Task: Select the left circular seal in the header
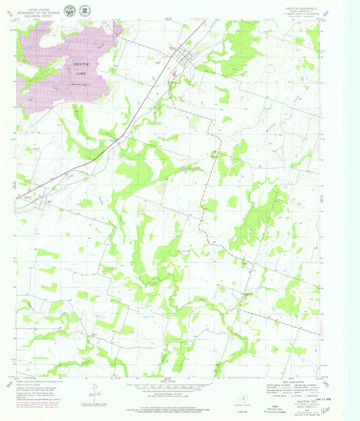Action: pos(70,9)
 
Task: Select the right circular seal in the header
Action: pos(85,9)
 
